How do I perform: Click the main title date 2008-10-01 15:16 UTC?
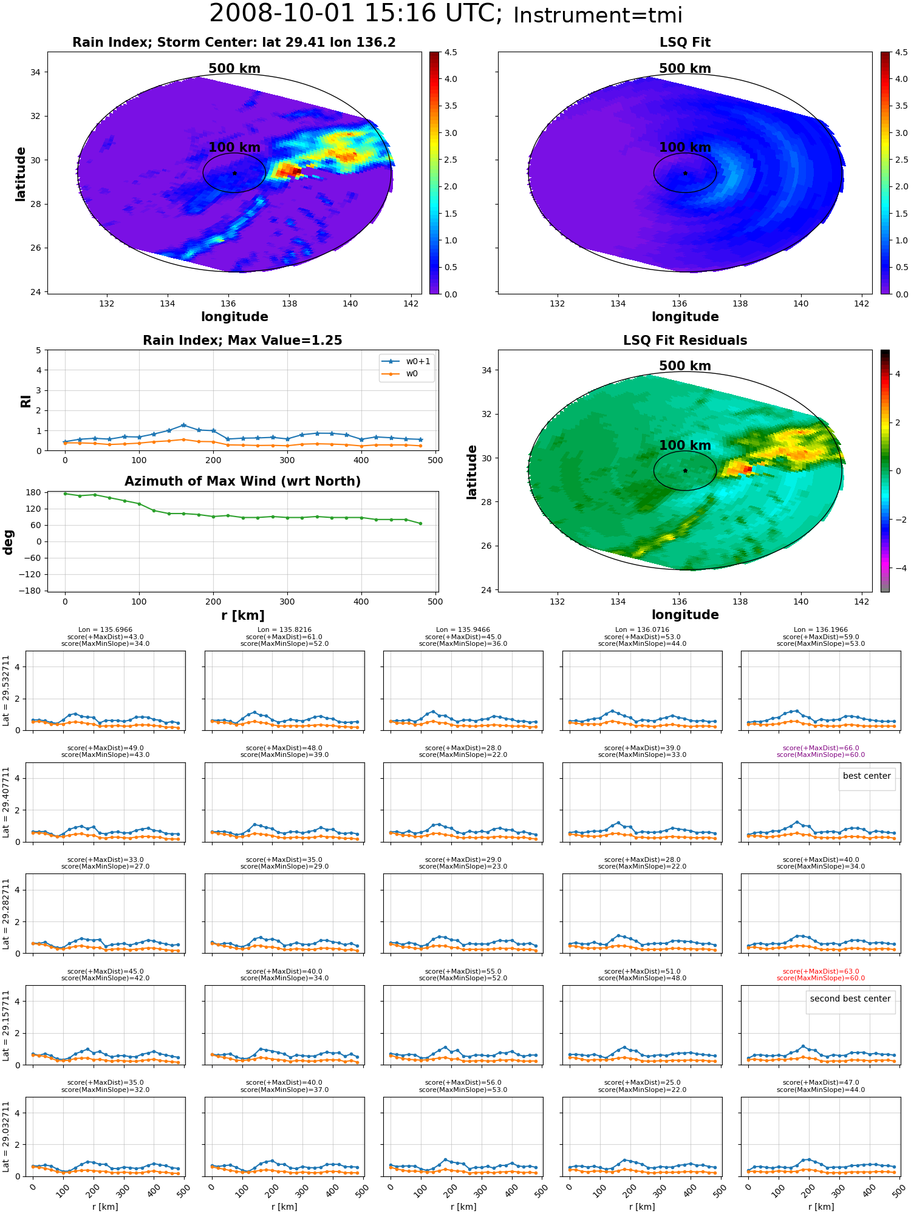pyautogui.click(x=355, y=14)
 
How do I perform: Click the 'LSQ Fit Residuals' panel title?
pyautogui.click(x=685, y=341)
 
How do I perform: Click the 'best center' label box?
pyautogui.click(x=867, y=776)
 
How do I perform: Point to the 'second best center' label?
pyautogui.click(x=850, y=999)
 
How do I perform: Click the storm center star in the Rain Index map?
pyautogui.click(x=234, y=173)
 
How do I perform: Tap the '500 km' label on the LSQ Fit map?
pyautogui.click(x=685, y=69)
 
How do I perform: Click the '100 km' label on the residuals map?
pyautogui.click(x=685, y=445)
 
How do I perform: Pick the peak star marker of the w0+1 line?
pyautogui.click(x=183, y=425)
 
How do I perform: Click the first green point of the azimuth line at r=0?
pyautogui.click(x=65, y=493)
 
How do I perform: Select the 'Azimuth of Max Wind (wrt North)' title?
pyautogui.click(x=242, y=481)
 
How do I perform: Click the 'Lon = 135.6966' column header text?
pyautogui.click(x=105, y=630)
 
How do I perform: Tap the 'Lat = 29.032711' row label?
pyautogui.click(x=6, y=1137)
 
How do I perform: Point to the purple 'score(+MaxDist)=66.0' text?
pyautogui.click(x=821, y=748)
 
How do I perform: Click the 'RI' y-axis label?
pyautogui.click(x=26, y=401)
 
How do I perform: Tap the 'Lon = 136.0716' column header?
pyautogui.click(x=642, y=630)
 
